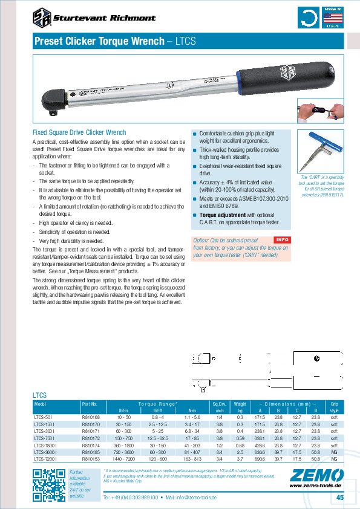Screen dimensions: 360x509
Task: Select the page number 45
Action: (339, 497)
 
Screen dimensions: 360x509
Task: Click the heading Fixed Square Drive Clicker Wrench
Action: (79, 132)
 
